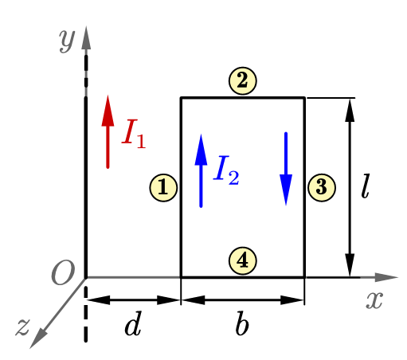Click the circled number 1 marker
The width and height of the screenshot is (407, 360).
point(163,188)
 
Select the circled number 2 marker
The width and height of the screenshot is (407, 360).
point(243,80)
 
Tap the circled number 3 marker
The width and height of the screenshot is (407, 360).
point(322,188)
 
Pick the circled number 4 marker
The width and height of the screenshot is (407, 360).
point(243,260)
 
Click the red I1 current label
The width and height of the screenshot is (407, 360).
point(134,134)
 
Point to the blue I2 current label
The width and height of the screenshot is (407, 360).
point(226,170)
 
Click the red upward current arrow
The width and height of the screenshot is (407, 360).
point(108,131)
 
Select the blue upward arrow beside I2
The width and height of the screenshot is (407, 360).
point(201,170)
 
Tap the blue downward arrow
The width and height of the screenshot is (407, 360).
point(286,169)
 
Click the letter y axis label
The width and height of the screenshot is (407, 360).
point(67,41)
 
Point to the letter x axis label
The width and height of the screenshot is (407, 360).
point(374,300)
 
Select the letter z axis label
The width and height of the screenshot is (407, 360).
point(22,327)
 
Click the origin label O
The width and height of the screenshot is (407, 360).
point(63,272)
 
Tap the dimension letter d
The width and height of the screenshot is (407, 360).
point(133,323)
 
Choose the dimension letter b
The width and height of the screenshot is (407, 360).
point(242,323)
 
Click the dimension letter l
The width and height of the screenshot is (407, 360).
point(366,186)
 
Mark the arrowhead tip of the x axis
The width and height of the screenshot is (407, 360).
point(398,277)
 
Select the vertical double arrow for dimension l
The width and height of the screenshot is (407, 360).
point(350,188)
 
